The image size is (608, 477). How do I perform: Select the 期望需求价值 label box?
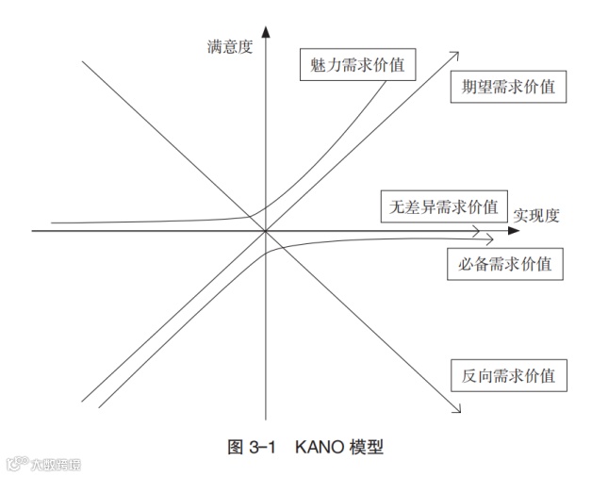(x=507, y=87)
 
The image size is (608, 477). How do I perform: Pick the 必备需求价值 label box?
(x=504, y=263)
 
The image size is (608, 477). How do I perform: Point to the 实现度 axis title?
(x=537, y=215)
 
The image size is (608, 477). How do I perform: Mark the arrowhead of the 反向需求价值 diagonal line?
(x=457, y=410)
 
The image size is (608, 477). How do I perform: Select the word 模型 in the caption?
(x=366, y=446)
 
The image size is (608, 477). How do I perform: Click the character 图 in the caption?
(x=236, y=446)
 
